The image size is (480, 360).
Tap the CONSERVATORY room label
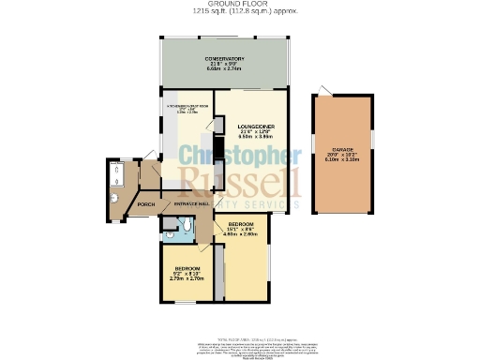[225, 59]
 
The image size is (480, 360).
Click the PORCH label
[146, 203]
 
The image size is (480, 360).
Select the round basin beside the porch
[112, 199]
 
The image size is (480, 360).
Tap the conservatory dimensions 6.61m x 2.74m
[225, 69]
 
